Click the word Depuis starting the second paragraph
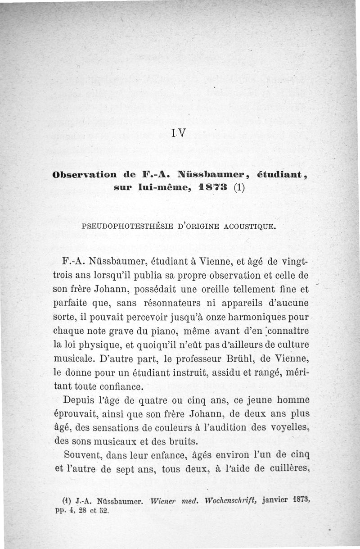click(80, 400)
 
